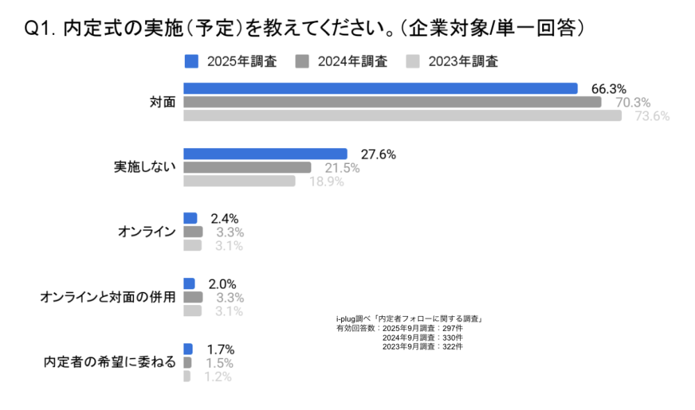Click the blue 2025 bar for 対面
click(x=380, y=88)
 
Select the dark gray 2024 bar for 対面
click(x=392, y=102)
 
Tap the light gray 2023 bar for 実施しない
click(x=239, y=181)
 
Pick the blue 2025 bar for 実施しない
click(x=265, y=154)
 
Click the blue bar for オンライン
click(x=190, y=218)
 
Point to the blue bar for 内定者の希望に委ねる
click(x=188, y=349)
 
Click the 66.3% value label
click(x=608, y=89)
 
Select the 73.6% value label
click(x=652, y=116)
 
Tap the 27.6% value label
click(x=378, y=154)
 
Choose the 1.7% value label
click(x=221, y=350)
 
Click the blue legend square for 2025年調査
click(x=192, y=61)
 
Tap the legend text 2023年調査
click(x=463, y=61)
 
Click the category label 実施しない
click(x=145, y=167)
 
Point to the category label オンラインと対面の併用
click(x=108, y=297)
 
